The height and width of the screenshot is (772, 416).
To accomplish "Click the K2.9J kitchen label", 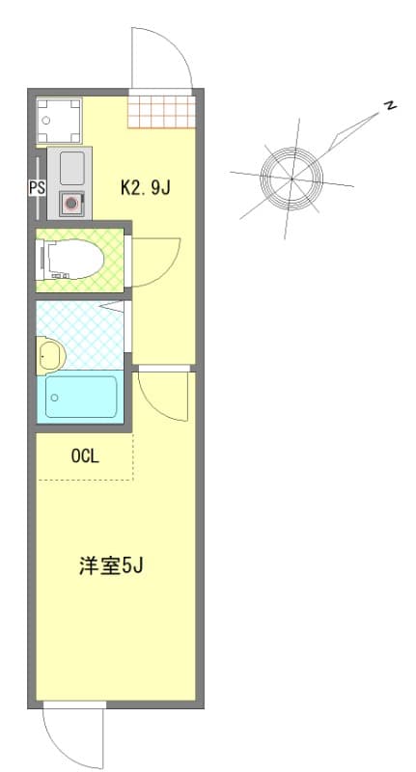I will coord(145,187).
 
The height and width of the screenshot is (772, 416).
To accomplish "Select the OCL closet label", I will coord(85,457).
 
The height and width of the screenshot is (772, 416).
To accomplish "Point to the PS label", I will coord(37,188).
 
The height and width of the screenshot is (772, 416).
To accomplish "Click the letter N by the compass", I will coord(390,106).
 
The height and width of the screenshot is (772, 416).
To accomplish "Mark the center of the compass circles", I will coord(291,178).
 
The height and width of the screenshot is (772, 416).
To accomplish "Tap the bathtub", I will coord(81,397).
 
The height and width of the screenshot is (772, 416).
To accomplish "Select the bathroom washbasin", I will coord(48,355).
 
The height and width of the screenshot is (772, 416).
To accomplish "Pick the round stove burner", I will coord(69,204).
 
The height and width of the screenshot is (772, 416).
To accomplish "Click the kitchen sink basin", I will coord(71,169).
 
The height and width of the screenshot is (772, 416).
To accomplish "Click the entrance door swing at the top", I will coord(159,58).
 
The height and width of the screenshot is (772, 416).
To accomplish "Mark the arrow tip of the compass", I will coord(379,114).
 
